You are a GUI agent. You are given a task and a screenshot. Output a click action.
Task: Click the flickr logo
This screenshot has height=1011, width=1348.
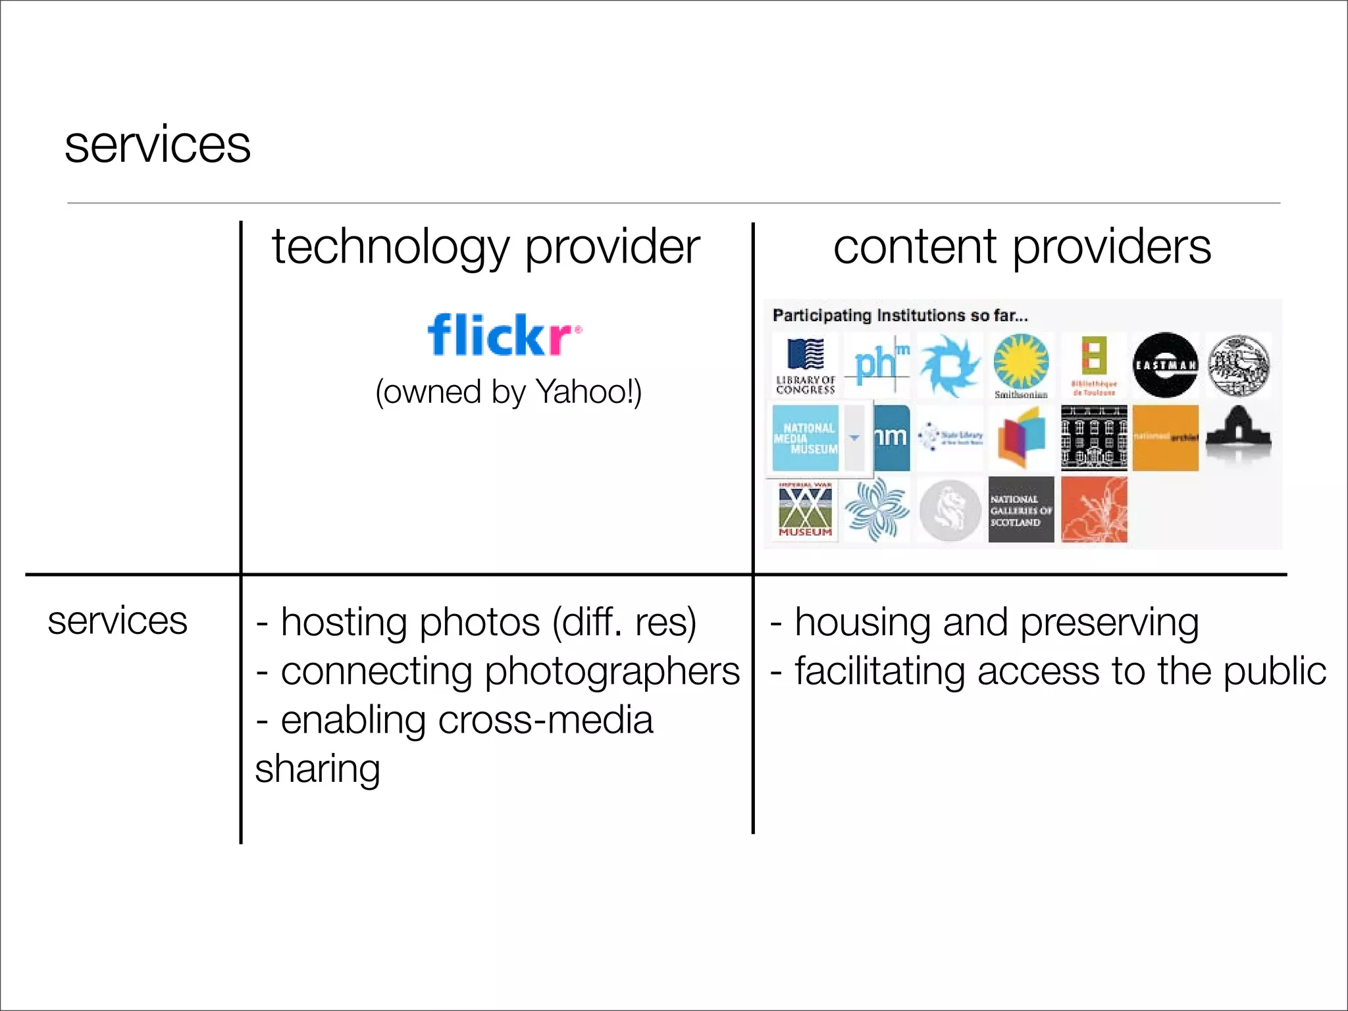[x=504, y=334]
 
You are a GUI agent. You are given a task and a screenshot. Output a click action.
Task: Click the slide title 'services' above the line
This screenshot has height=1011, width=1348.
[x=157, y=145]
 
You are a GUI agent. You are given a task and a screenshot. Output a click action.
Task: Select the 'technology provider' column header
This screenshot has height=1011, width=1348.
[x=486, y=247]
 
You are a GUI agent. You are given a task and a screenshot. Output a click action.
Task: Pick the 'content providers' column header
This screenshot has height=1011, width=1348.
[x=1022, y=247]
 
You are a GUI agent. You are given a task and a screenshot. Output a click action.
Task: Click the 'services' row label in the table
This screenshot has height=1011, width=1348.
[x=117, y=621]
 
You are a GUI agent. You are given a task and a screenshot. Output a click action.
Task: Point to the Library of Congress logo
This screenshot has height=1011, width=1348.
[x=806, y=366]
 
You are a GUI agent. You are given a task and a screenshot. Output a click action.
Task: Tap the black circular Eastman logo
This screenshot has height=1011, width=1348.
[x=1165, y=365]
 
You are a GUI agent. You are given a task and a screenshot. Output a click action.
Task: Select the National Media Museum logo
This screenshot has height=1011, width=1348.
[x=806, y=438]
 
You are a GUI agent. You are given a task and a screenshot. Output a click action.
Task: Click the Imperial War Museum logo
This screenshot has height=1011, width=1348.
[x=805, y=509]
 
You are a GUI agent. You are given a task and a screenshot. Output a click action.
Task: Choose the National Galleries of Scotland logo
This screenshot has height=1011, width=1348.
[x=1021, y=510]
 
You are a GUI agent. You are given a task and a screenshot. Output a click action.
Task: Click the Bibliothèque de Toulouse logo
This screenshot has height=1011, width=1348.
[x=1093, y=366]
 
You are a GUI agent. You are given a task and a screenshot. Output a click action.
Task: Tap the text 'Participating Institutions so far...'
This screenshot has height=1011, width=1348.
[x=900, y=315]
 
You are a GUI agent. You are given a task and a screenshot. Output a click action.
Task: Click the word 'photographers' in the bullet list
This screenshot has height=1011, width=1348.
[x=612, y=671]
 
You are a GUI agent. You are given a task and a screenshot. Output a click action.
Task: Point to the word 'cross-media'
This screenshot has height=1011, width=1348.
[x=545, y=720]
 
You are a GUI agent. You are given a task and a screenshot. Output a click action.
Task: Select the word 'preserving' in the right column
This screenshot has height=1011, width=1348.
[x=1109, y=623]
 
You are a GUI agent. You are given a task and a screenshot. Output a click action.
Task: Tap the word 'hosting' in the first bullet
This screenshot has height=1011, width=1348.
[x=344, y=623]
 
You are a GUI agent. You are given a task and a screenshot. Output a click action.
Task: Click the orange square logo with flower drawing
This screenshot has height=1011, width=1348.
[x=1094, y=510]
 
